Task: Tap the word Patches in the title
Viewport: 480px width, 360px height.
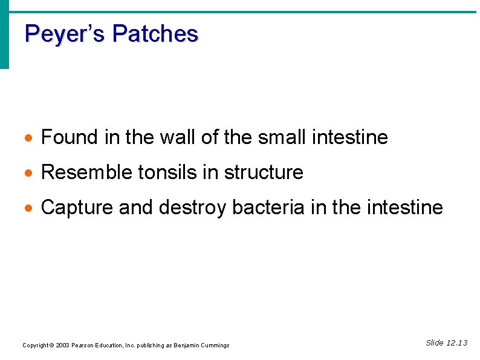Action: [x=155, y=34]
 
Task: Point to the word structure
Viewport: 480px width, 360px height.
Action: [x=264, y=173]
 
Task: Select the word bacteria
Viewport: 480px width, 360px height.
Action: [x=268, y=208]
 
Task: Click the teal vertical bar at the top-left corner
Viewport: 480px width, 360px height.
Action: [x=4, y=36]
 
